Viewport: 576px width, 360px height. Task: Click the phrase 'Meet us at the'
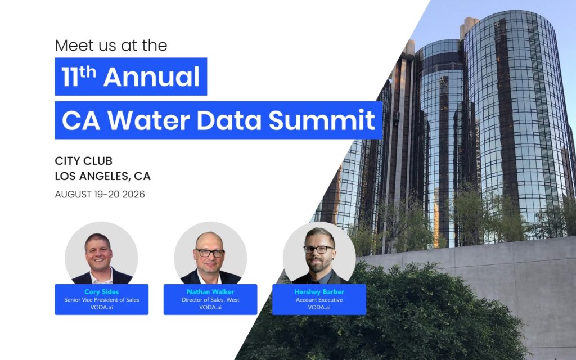click(x=111, y=46)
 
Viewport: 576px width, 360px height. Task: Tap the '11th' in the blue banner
click(x=79, y=76)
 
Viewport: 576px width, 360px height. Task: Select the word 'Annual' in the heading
click(x=151, y=76)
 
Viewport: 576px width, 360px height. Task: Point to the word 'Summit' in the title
click(x=322, y=120)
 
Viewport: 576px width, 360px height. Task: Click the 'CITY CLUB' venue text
click(x=84, y=161)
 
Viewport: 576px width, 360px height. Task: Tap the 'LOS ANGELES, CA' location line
click(x=103, y=176)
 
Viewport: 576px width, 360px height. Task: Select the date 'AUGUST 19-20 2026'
click(x=100, y=194)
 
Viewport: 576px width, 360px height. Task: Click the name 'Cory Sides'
click(x=102, y=292)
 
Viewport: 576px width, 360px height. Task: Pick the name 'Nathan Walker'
click(x=210, y=292)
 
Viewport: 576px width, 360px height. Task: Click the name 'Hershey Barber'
click(x=319, y=292)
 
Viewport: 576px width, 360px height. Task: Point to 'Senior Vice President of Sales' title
click(x=102, y=300)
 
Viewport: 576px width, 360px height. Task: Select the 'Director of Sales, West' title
click(x=210, y=300)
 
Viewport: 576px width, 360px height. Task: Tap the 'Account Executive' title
click(x=319, y=300)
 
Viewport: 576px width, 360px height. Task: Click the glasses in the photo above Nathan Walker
click(x=210, y=253)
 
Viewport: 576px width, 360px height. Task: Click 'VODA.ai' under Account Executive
click(x=319, y=308)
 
